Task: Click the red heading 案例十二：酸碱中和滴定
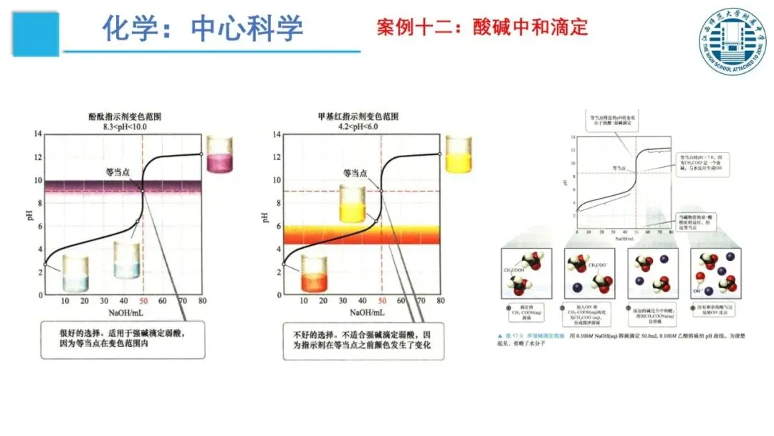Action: click(482, 28)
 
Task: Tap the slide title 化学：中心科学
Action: click(202, 28)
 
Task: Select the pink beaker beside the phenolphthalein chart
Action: click(219, 153)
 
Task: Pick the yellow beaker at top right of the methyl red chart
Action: click(458, 153)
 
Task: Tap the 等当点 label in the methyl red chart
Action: click(355, 173)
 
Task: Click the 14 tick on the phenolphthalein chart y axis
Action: click(38, 133)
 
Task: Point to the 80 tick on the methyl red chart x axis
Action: click(439, 302)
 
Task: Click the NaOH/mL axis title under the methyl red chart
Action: click(367, 313)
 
